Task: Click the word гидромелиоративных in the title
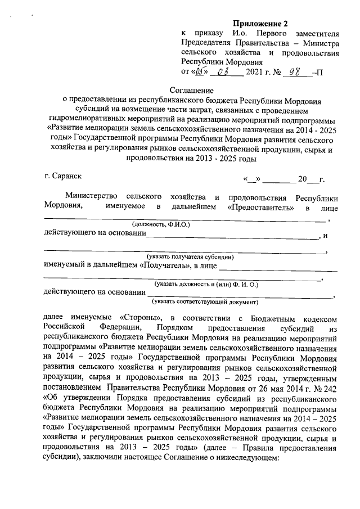(85, 120)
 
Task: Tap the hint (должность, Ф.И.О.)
(161, 224)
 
